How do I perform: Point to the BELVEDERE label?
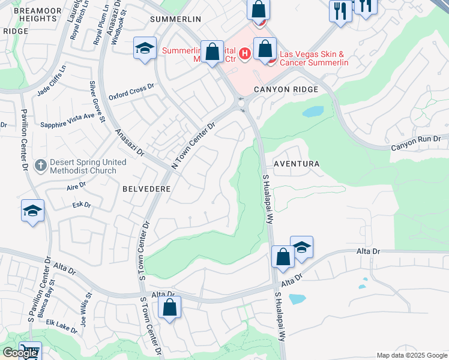coord(147,188)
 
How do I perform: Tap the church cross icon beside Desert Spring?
coord(40,164)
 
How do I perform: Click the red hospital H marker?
coord(245,55)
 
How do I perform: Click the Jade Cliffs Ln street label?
coord(50,83)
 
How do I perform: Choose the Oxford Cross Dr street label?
coord(131,92)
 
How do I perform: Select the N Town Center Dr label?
coord(193,146)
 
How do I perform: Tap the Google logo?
coord(19,353)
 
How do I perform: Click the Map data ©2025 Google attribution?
coord(412,355)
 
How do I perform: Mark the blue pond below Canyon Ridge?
coord(312,112)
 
